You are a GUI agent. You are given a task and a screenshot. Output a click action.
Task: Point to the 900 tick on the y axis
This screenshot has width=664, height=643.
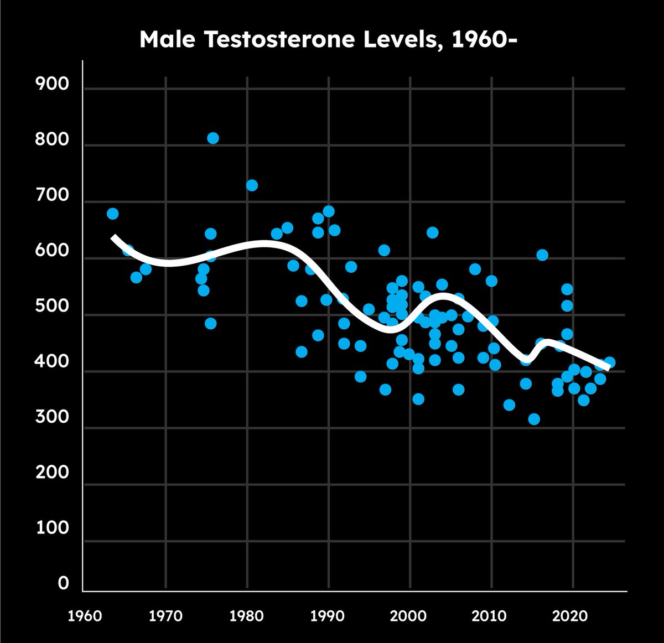coord(53,84)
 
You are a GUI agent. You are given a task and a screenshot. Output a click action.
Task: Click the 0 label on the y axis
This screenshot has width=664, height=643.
coord(64,584)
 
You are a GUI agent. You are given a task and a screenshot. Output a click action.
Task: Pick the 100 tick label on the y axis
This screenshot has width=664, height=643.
coord(53,528)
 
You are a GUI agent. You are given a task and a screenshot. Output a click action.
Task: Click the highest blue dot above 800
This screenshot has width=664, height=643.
coord(213,138)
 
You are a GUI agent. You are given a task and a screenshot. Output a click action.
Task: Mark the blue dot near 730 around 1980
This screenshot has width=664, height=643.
coord(252,185)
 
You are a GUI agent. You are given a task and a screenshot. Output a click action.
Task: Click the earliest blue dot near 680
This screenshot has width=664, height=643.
coord(113,214)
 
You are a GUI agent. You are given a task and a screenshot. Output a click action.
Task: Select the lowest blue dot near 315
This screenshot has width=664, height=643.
coord(534,419)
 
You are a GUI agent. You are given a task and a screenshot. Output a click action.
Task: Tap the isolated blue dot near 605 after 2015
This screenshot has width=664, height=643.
coord(542,255)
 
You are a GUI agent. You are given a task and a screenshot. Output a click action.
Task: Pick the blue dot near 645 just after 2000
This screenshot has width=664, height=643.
coord(433,232)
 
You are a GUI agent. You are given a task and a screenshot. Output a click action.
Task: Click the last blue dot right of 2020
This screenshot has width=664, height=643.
coord(610,362)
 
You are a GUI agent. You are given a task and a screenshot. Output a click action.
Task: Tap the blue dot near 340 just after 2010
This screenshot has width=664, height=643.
coord(509,405)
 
